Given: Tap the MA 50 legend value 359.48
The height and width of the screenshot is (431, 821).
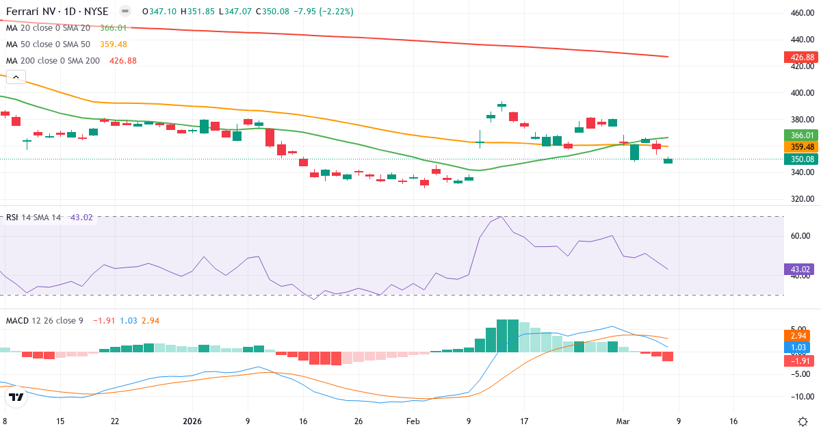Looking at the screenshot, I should pyautogui.click(x=114, y=44).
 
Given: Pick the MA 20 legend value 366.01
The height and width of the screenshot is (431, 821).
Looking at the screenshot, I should pyautogui.click(x=114, y=27).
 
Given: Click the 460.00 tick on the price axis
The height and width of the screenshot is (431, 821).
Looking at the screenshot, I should pyautogui.click(x=801, y=13).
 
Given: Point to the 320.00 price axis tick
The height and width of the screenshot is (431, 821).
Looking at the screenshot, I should pyautogui.click(x=801, y=199).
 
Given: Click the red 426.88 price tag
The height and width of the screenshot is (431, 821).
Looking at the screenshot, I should pyautogui.click(x=800, y=57).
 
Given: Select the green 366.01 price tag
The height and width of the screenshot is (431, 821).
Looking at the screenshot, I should pyautogui.click(x=800, y=135).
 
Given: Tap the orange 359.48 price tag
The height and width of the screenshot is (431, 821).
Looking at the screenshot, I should pyautogui.click(x=800, y=147).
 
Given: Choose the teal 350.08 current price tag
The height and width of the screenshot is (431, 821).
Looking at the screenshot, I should pyautogui.click(x=800, y=159).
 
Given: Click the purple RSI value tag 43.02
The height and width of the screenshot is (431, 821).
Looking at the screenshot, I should pyautogui.click(x=800, y=270).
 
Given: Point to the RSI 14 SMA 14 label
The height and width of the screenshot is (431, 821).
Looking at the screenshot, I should pyautogui.click(x=34, y=218).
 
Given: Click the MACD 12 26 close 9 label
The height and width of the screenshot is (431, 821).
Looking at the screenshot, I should pyautogui.click(x=44, y=320).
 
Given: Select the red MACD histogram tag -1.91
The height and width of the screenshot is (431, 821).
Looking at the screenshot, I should pyautogui.click(x=800, y=361).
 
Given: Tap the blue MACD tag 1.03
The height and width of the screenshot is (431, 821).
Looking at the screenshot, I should pyautogui.click(x=800, y=348).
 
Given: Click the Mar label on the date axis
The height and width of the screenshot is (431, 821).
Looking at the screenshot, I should pyautogui.click(x=623, y=421).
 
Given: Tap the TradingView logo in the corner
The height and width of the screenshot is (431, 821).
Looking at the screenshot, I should pyautogui.click(x=16, y=396).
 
